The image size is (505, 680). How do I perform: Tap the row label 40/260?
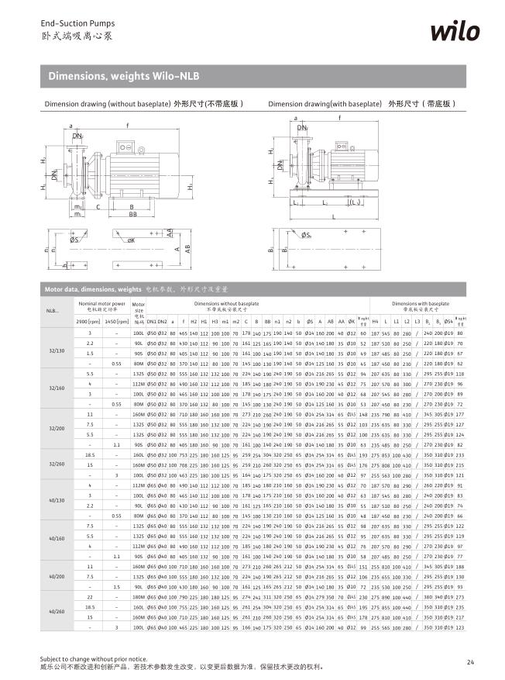pyautogui.click(x=57, y=612)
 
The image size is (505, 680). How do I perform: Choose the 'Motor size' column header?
pyautogui.click(x=139, y=308)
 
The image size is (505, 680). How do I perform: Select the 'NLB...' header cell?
pyautogui.click(x=52, y=312)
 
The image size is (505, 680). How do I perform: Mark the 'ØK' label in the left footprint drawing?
pyautogui.click(x=132, y=241)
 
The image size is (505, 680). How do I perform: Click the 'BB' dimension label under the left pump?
pyautogui.click(x=133, y=214)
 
